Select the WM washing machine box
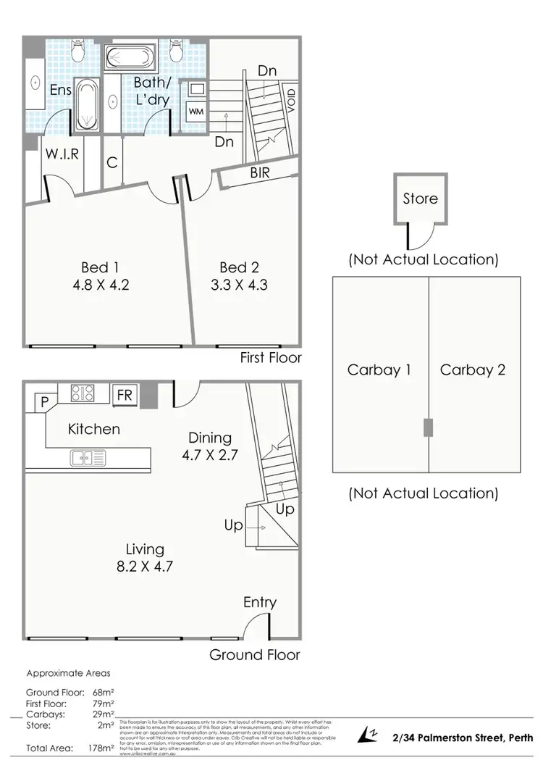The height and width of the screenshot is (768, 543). point(195,112)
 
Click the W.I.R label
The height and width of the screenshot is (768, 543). point(61,154)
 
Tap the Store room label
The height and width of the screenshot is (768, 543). point(421,198)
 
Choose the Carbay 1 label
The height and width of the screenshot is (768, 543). point(379,370)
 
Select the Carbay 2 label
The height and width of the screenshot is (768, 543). point(473,370)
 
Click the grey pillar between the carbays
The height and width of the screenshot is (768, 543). point(426,428)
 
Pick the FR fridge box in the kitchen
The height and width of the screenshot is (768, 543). point(124,395)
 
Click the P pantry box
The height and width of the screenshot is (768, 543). point(43,401)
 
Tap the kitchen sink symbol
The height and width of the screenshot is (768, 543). point(88,457)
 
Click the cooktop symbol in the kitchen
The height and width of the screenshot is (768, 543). point(82,393)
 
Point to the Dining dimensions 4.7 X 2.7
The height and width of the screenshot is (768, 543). point(210,456)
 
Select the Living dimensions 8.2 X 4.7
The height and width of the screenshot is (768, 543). point(145,567)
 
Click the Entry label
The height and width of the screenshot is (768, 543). point(260,602)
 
